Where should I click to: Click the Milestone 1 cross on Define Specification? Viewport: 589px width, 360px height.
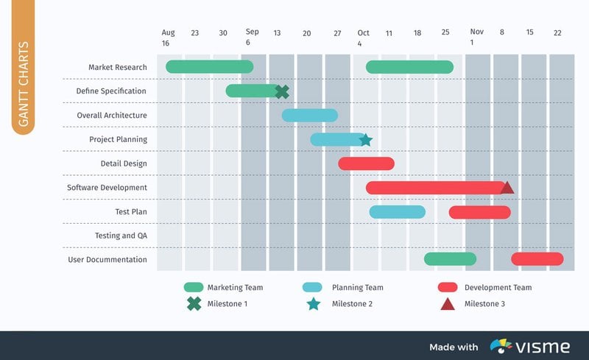[x=281, y=91]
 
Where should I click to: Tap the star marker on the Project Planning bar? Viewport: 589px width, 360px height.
[x=365, y=140]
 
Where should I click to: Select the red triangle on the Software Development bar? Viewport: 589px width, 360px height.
[x=507, y=187]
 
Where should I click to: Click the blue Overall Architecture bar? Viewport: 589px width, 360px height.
[x=309, y=116]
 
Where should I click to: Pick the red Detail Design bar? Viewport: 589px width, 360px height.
[x=366, y=163]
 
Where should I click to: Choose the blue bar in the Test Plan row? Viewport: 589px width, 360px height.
[x=397, y=212]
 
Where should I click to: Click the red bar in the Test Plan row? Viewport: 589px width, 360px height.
[x=479, y=212]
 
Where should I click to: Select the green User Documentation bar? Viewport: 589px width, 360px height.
[x=450, y=259]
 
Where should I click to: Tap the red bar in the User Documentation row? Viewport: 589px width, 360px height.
[x=537, y=259]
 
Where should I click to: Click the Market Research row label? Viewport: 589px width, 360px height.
[x=118, y=67]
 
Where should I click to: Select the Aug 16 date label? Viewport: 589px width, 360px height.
[x=169, y=37]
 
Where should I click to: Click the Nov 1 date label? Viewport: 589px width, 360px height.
[x=477, y=37]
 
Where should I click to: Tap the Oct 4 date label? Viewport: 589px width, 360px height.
[x=363, y=37]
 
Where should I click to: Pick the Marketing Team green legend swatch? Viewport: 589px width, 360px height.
[x=194, y=287]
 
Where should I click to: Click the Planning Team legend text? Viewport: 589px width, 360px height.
[x=357, y=287]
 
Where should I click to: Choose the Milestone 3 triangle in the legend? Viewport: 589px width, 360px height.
[x=447, y=303]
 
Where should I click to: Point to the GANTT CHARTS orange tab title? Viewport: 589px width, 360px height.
[x=24, y=84]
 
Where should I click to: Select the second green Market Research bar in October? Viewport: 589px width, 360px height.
[x=409, y=67]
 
